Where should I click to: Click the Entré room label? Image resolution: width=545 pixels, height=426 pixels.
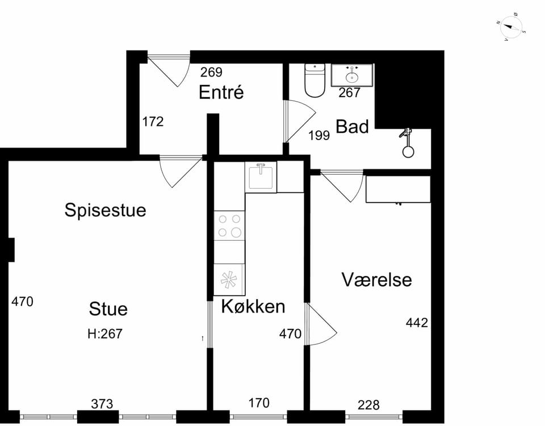tap(221, 92)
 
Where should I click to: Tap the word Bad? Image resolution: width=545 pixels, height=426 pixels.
tap(352, 126)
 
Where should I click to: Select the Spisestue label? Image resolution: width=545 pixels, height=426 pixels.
tap(105, 210)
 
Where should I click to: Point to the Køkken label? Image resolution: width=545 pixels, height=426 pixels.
tap(253, 306)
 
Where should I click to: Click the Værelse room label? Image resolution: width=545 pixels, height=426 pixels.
tap(376, 280)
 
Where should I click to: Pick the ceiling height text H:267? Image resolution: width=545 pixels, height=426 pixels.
tap(105, 334)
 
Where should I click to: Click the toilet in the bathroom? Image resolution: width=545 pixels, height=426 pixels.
tap(315, 80)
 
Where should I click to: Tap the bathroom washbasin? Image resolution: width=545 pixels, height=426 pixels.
tap(352, 75)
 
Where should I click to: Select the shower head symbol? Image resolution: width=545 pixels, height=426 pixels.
tap(406, 143)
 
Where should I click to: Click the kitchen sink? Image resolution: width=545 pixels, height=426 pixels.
tap(261, 177)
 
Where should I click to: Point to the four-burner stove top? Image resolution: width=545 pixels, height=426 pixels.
tap(229, 225)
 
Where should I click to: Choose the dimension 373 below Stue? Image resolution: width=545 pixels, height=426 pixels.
tap(102, 404)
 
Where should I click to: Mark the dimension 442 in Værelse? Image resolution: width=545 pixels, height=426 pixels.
tap(417, 323)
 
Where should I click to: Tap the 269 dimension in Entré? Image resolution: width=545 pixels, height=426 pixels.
tap(211, 72)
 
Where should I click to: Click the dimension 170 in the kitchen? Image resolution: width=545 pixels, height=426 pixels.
tap(259, 403)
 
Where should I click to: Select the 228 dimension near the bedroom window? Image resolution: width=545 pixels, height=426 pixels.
tap(368, 405)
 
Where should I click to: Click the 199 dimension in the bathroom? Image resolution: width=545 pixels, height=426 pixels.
tap(319, 136)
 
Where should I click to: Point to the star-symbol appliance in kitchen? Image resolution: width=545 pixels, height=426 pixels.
tap(229, 280)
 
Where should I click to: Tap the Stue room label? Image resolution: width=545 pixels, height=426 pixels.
tap(108, 309)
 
